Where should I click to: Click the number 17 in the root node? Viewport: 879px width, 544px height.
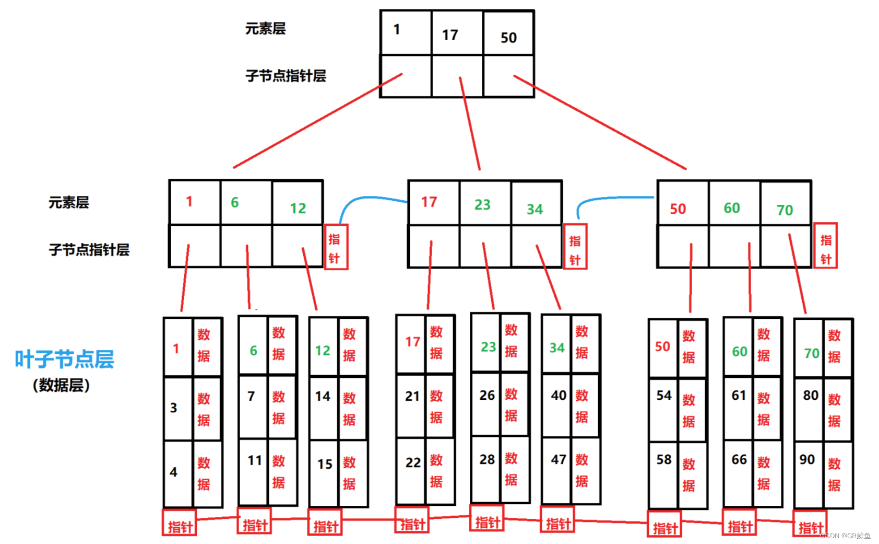pyautogui.click(x=450, y=35)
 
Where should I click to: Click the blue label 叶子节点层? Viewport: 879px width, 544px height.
pyautogui.click(x=64, y=360)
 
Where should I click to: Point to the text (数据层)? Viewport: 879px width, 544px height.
pyautogui.click(x=61, y=386)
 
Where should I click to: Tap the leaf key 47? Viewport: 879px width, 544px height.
pyautogui.click(x=559, y=460)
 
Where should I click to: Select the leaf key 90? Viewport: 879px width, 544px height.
pyautogui.click(x=807, y=460)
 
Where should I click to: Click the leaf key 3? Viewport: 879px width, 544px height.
pyautogui.click(x=174, y=408)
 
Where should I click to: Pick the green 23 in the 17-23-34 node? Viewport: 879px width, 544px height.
pyautogui.click(x=482, y=205)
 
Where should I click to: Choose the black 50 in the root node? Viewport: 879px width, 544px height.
pyautogui.click(x=508, y=38)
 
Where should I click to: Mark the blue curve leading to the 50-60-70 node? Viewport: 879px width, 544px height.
pyautogui.click(x=611, y=199)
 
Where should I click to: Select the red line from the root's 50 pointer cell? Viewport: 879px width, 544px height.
pyautogui.click(x=600, y=123)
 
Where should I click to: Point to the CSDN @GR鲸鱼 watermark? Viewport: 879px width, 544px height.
pyautogui.click(x=846, y=536)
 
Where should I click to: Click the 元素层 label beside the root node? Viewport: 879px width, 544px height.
pyautogui.click(x=266, y=29)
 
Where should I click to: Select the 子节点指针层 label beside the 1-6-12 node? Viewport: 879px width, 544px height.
pyautogui.click(x=89, y=250)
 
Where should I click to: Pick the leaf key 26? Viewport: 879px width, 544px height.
pyautogui.click(x=487, y=396)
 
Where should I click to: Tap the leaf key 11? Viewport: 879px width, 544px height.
pyautogui.click(x=255, y=461)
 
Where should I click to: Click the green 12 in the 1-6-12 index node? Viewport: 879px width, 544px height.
pyautogui.click(x=298, y=209)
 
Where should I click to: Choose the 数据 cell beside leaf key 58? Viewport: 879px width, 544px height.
pyautogui.click(x=689, y=475)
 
